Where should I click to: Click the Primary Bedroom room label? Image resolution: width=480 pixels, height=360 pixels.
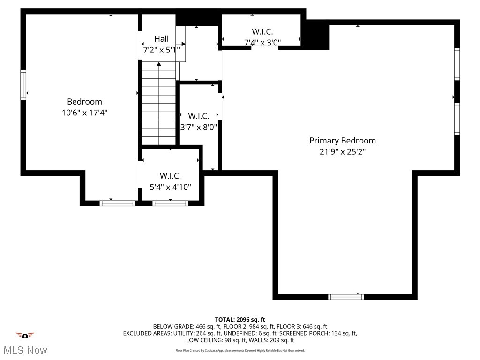pos(342,140)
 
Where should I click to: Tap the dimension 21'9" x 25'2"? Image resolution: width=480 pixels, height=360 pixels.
pos(342,151)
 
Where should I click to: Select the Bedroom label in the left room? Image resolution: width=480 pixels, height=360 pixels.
pos(84,102)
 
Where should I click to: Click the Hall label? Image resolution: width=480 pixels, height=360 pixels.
pos(162,39)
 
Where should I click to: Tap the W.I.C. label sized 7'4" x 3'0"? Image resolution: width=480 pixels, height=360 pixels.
pos(262,31)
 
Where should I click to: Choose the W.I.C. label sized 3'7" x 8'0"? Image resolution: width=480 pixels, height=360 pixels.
pos(199,115)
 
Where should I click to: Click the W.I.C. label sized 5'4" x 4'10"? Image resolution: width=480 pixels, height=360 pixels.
pos(170,176)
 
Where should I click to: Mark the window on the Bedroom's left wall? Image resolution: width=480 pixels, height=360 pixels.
pos(23,85)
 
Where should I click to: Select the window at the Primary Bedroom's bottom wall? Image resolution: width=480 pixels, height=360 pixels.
pos(346,296)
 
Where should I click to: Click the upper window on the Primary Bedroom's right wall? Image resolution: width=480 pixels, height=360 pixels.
pos(457,64)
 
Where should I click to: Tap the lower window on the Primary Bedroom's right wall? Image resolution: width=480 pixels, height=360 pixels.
pos(457,119)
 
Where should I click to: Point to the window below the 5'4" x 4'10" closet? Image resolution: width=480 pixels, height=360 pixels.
pos(170,203)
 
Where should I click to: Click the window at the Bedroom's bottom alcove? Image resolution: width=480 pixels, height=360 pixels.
pos(118,203)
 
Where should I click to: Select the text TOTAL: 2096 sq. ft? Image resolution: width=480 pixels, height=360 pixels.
pos(240,320)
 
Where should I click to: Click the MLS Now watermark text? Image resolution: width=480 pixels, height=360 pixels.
pos(25,350)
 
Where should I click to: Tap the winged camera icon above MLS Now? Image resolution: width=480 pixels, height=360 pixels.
pos(25,335)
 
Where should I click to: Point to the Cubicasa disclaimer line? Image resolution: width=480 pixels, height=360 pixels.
pos(240,350)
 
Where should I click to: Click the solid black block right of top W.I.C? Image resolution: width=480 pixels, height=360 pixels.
pos(315,35)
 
